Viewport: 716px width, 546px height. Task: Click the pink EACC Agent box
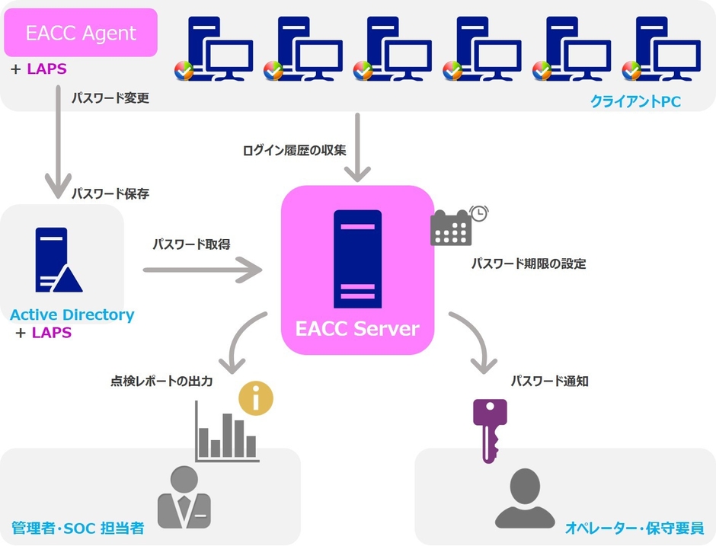(81, 33)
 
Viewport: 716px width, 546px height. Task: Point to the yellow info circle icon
(256, 398)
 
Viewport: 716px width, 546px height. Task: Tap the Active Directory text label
(72, 315)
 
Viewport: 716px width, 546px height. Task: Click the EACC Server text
(357, 329)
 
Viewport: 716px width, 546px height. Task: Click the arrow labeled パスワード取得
(201, 269)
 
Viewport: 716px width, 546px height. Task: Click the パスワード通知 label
(549, 381)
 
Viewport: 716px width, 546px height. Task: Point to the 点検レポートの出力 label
(161, 381)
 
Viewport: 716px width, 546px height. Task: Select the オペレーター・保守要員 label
(634, 527)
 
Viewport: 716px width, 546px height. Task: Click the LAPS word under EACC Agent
(47, 69)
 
